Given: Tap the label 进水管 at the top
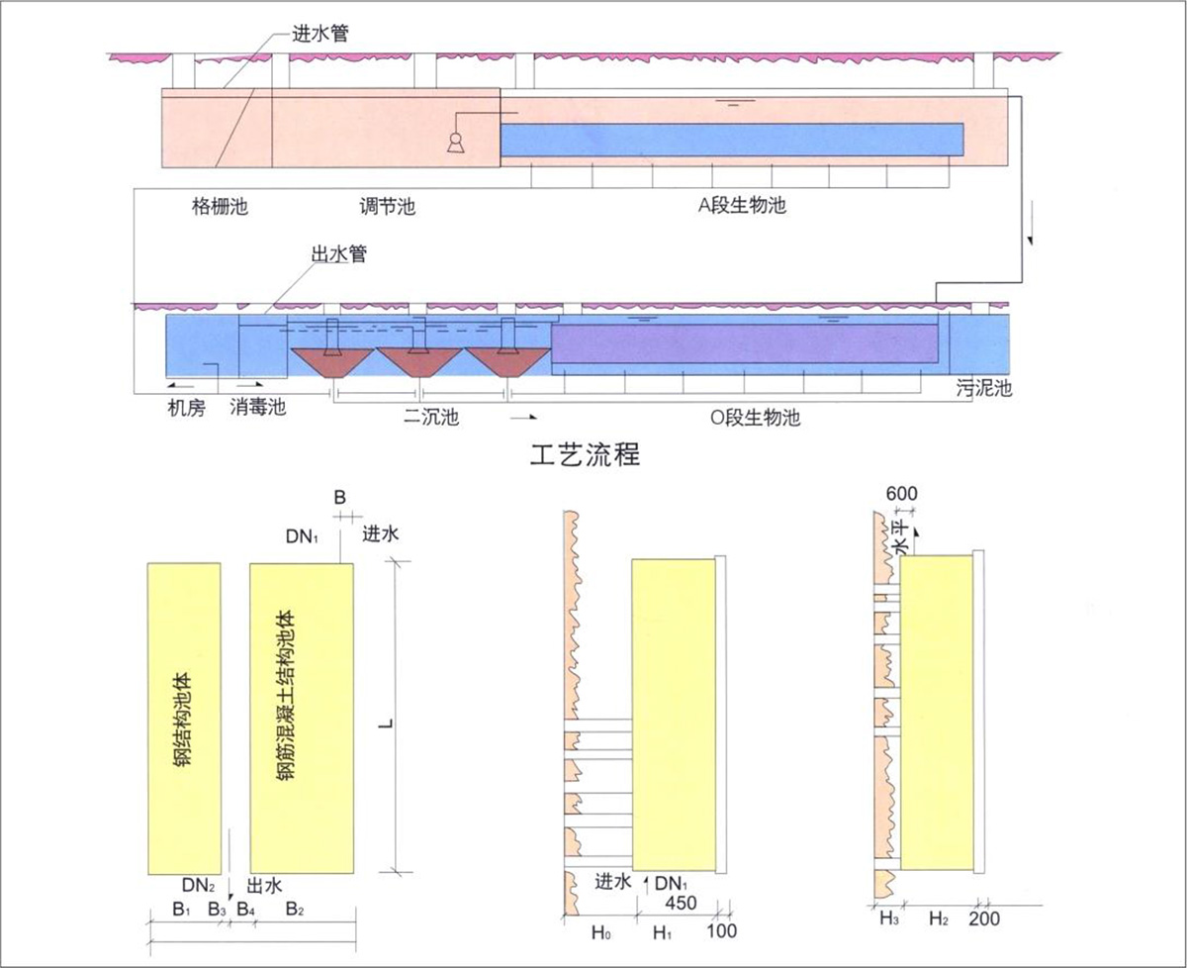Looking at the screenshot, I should (319, 34).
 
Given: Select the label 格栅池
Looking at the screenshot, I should (219, 208).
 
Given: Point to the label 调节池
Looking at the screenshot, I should (387, 208).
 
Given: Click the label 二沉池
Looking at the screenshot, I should (431, 417).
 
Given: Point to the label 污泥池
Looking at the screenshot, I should (984, 388).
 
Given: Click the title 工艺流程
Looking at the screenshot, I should (586, 456).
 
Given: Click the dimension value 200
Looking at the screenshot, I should (984, 919).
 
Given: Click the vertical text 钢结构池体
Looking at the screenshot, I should (183, 720).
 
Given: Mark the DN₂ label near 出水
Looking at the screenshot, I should (198, 884).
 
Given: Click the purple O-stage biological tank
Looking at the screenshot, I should (744, 343).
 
